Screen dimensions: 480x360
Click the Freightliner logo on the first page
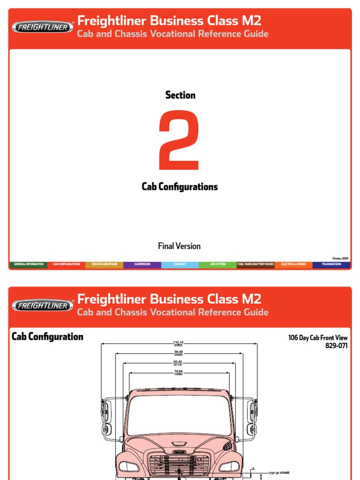(42, 27)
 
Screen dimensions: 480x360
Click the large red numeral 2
(180, 141)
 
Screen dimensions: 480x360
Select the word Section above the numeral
(180, 95)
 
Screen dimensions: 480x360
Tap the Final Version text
(180, 246)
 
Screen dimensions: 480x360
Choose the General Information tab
(29, 264)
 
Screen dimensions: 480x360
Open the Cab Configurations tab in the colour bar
(66, 264)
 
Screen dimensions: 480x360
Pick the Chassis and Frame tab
(105, 264)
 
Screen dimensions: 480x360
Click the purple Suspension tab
(142, 264)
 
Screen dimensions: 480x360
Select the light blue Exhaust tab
(180, 264)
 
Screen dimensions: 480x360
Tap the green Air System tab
(218, 264)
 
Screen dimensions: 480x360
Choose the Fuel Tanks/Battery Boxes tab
(256, 264)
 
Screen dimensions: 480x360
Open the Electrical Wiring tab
(294, 264)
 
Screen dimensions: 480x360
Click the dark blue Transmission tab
(331, 264)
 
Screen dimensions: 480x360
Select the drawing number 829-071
(337, 346)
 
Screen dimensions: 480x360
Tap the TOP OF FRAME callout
(279, 472)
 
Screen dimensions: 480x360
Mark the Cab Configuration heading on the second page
(47, 337)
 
